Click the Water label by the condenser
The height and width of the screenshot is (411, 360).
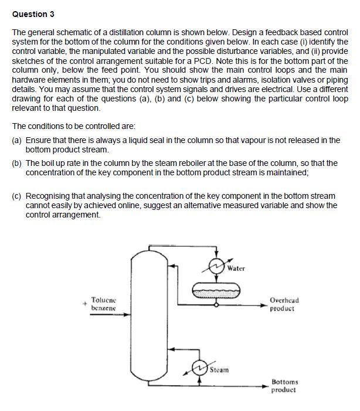[236, 268]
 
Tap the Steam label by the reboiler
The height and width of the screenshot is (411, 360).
[219, 370]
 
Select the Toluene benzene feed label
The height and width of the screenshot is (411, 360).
[103, 304]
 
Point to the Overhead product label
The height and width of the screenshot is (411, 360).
[284, 304]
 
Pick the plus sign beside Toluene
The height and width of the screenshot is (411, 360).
[84, 304]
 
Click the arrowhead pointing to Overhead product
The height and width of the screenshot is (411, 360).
[264, 304]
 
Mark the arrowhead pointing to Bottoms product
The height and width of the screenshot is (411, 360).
[264, 386]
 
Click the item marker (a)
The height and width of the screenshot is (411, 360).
[17, 141]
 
